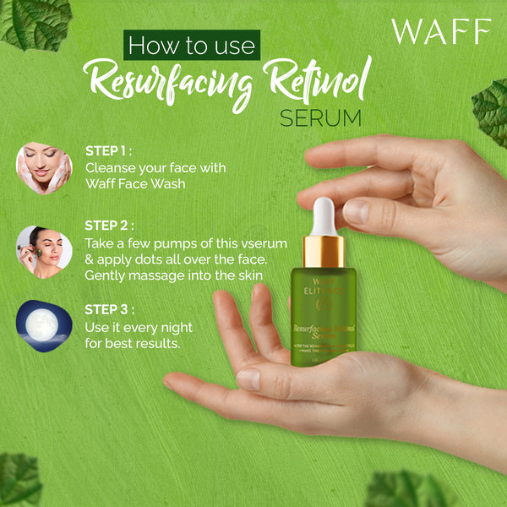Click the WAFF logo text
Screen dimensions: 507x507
tap(440, 32)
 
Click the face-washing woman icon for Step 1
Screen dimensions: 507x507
tap(44, 166)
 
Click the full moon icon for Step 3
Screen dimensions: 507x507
tap(44, 325)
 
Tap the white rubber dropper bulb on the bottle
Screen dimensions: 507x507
tap(324, 215)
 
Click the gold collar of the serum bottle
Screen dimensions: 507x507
tap(323, 251)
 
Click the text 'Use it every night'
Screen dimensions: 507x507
tap(139, 327)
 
